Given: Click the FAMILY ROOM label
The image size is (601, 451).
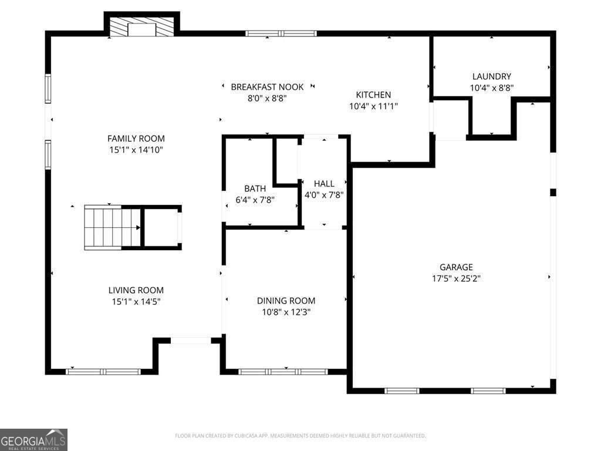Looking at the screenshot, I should (136, 139).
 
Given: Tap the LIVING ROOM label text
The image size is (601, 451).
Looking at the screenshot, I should (136, 290).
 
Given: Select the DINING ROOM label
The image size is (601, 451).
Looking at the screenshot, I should (286, 301).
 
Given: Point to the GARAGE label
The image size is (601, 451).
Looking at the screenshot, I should (456, 267).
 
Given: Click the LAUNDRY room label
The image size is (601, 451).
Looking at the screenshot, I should (491, 76).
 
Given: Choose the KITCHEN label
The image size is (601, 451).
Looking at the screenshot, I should (373, 95).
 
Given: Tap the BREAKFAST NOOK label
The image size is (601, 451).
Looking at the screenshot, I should (267, 87).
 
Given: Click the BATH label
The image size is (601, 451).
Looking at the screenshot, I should (255, 189).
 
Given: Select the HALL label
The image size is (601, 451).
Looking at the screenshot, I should (324, 184).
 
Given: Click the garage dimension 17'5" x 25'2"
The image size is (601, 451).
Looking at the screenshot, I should (456, 278).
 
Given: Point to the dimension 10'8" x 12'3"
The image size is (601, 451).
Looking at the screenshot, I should (286, 312).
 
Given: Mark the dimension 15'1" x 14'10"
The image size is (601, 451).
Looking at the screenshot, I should (136, 150).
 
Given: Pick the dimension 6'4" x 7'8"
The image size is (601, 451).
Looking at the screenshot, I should (255, 200).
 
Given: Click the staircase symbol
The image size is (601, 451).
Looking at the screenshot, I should (112, 227).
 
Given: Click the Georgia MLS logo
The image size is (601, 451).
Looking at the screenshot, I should (33, 439).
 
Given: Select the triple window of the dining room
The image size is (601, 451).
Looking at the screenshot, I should (283, 371).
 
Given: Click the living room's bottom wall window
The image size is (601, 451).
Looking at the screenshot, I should (103, 371).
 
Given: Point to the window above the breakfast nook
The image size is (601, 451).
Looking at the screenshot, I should (281, 33).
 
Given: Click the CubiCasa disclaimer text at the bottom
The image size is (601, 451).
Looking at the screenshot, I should (300, 436).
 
